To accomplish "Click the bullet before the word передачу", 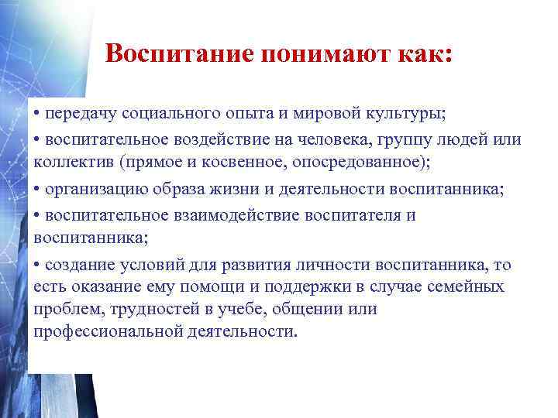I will point(37,114).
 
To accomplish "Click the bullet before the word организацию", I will point(37,190).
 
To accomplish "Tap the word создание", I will point(80,266).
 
